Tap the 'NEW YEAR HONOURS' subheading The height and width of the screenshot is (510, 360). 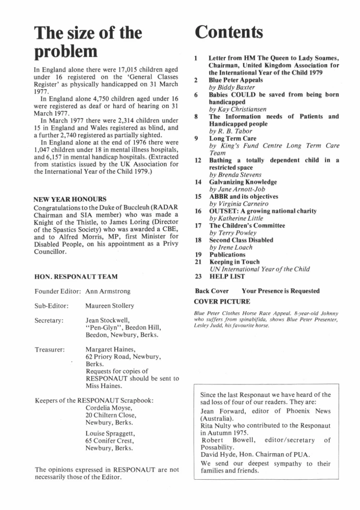[70, 199]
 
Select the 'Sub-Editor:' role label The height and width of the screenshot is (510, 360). [52, 306]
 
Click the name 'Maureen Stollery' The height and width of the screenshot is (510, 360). [110, 306]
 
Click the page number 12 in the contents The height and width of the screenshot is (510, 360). [198, 160]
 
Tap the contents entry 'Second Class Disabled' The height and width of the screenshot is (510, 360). [241, 240]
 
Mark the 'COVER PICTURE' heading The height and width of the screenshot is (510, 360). [222, 301]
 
